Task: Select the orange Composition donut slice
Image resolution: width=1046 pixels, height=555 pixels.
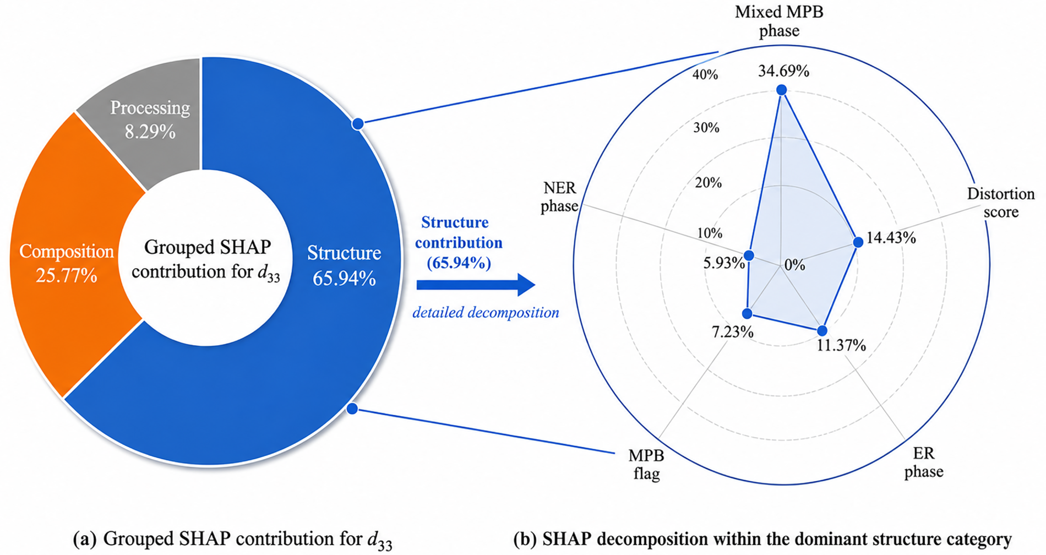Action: point(66,259)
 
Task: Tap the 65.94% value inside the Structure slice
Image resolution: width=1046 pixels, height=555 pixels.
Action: point(344,279)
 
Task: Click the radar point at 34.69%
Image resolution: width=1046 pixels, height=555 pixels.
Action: point(782,90)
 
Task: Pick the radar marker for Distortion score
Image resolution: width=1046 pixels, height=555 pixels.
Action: point(858,242)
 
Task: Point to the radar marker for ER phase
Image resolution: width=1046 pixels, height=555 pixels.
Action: point(822,330)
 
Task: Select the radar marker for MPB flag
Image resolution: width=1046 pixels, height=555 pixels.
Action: point(747,313)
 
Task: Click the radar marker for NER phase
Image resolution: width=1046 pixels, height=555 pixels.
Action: point(749,255)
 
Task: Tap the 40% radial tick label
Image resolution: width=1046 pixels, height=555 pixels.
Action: point(705,74)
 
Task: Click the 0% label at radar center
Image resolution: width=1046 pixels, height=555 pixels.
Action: point(794,265)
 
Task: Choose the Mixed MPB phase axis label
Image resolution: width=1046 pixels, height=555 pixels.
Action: point(779,21)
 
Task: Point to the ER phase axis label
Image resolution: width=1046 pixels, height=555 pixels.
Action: point(924,462)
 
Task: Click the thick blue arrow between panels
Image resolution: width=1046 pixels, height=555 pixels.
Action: point(476,285)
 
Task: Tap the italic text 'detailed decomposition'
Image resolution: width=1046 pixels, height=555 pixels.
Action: point(486,313)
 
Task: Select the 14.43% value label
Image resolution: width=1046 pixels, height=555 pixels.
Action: point(891,238)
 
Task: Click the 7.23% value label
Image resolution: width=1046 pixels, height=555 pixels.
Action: point(733,332)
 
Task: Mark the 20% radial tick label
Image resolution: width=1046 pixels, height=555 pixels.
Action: point(708,182)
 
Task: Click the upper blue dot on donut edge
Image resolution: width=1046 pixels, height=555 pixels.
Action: point(358,124)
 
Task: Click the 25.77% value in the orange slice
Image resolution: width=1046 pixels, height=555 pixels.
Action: point(67,275)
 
